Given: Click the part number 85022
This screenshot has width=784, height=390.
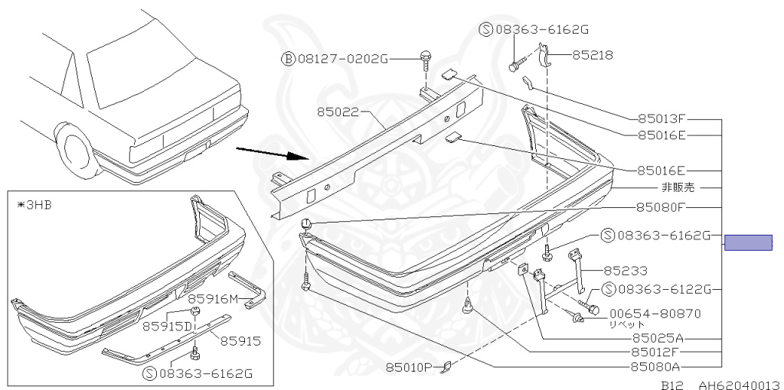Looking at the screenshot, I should pyautogui.click(x=339, y=112).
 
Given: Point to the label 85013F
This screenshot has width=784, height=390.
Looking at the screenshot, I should pyautogui.click(x=661, y=119).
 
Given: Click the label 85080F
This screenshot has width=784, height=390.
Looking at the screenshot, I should pyautogui.click(x=661, y=206).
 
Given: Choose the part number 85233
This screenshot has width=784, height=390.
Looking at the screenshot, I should pyautogui.click(x=626, y=270).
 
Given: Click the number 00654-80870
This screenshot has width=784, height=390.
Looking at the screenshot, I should pyautogui.click(x=655, y=313).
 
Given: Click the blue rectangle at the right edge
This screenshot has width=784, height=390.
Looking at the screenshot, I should pyautogui.click(x=748, y=242).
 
